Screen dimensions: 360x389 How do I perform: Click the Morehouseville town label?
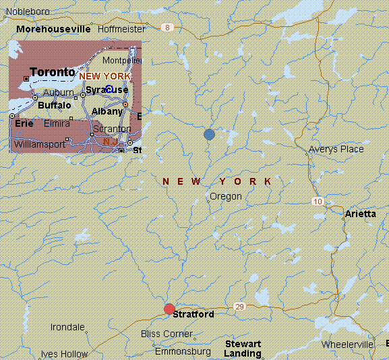pos(53,30)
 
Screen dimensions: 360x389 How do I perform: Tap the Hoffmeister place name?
pos(121,30)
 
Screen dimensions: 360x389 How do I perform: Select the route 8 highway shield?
pos(167,28)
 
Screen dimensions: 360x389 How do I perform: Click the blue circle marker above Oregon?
pos(210,134)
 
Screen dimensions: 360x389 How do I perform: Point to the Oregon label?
pos(226,196)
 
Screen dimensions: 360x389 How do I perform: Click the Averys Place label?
pos(336,149)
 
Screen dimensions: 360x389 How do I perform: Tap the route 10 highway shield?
pos(318,202)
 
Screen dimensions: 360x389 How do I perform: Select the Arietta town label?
pos(361,214)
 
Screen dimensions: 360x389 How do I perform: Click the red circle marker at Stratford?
pos(169,309)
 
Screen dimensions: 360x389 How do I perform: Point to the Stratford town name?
pos(193,314)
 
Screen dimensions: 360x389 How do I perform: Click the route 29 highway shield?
pos(239,307)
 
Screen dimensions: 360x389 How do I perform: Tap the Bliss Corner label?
pos(167,334)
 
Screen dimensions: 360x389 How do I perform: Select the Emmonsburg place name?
pos(183,351)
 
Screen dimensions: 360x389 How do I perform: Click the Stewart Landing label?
pos(243,349)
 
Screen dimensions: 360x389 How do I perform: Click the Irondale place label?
pos(68,327)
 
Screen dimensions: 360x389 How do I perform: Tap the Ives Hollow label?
pos(64,354)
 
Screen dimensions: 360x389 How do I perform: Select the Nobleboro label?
pos(28,11)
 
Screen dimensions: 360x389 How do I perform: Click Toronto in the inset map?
pos(53,72)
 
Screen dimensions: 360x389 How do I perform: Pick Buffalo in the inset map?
pos(55,105)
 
